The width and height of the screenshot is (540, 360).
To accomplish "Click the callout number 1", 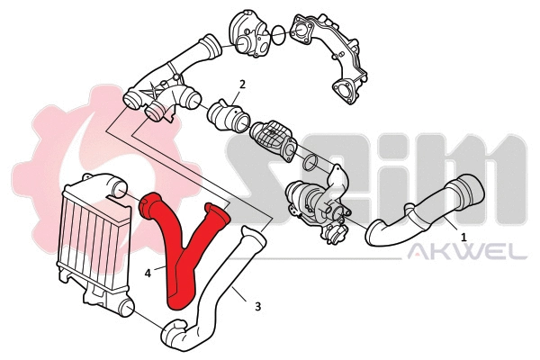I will pyautogui.click(x=463, y=238).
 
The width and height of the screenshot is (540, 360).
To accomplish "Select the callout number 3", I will pyautogui.click(x=258, y=306).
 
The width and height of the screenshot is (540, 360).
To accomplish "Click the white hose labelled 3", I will pyautogui.click(x=220, y=288).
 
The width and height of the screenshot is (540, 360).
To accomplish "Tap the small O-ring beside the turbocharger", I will pyautogui.click(x=309, y=163).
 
